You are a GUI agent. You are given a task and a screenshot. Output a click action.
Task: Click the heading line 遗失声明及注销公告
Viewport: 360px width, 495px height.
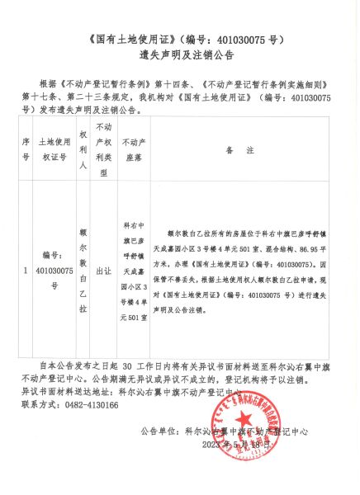click(x=180, y=55)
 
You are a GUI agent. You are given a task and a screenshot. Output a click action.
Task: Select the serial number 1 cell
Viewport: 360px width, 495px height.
click(x=26, y=269)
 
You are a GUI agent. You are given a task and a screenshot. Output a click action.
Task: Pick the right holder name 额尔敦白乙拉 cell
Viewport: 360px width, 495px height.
click(x=83, y=269)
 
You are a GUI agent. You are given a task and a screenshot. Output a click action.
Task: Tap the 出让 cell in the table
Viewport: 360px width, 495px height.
click(x=105, y=269)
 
